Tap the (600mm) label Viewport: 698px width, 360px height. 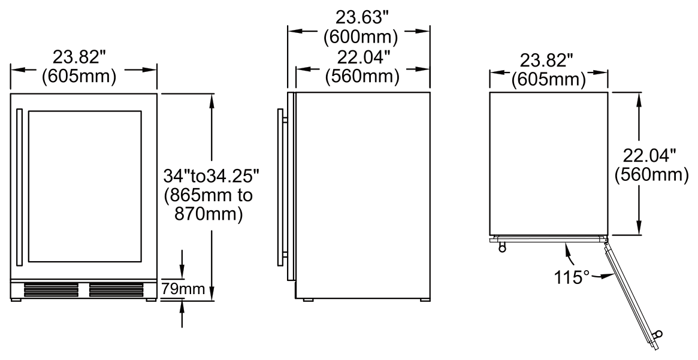[360, 37]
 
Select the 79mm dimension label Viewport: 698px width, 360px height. [183, 290]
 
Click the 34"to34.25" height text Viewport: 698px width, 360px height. [210, 176]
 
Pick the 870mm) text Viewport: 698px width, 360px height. [209, 215]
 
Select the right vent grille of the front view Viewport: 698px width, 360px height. [117, 290]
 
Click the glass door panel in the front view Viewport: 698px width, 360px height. [85, 186]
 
